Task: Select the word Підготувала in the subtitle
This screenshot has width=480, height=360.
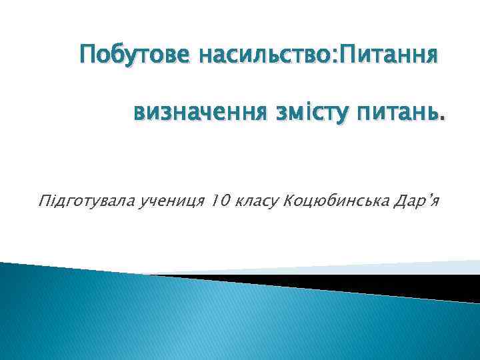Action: coord(87,200)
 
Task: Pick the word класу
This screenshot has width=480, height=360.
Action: coord(255,201)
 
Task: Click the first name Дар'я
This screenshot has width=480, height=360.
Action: coord(417,200)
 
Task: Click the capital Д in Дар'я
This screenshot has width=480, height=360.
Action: coord(403,200)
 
